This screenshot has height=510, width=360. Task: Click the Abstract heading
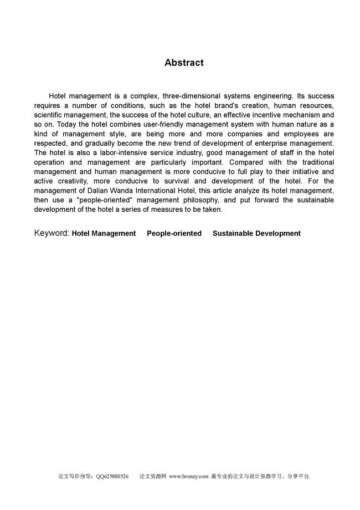[x=184, y=63]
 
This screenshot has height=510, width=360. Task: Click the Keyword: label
[x=52, y=233]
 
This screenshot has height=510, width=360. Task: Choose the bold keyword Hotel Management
[x=104, y=233]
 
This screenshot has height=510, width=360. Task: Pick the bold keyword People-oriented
[x=174, y=233]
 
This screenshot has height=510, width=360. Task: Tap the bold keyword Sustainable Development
[x=256, y=233]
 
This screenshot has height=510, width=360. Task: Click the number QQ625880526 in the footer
[x=112, y=476]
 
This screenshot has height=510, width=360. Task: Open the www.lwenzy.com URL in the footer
[x=188, y=476]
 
